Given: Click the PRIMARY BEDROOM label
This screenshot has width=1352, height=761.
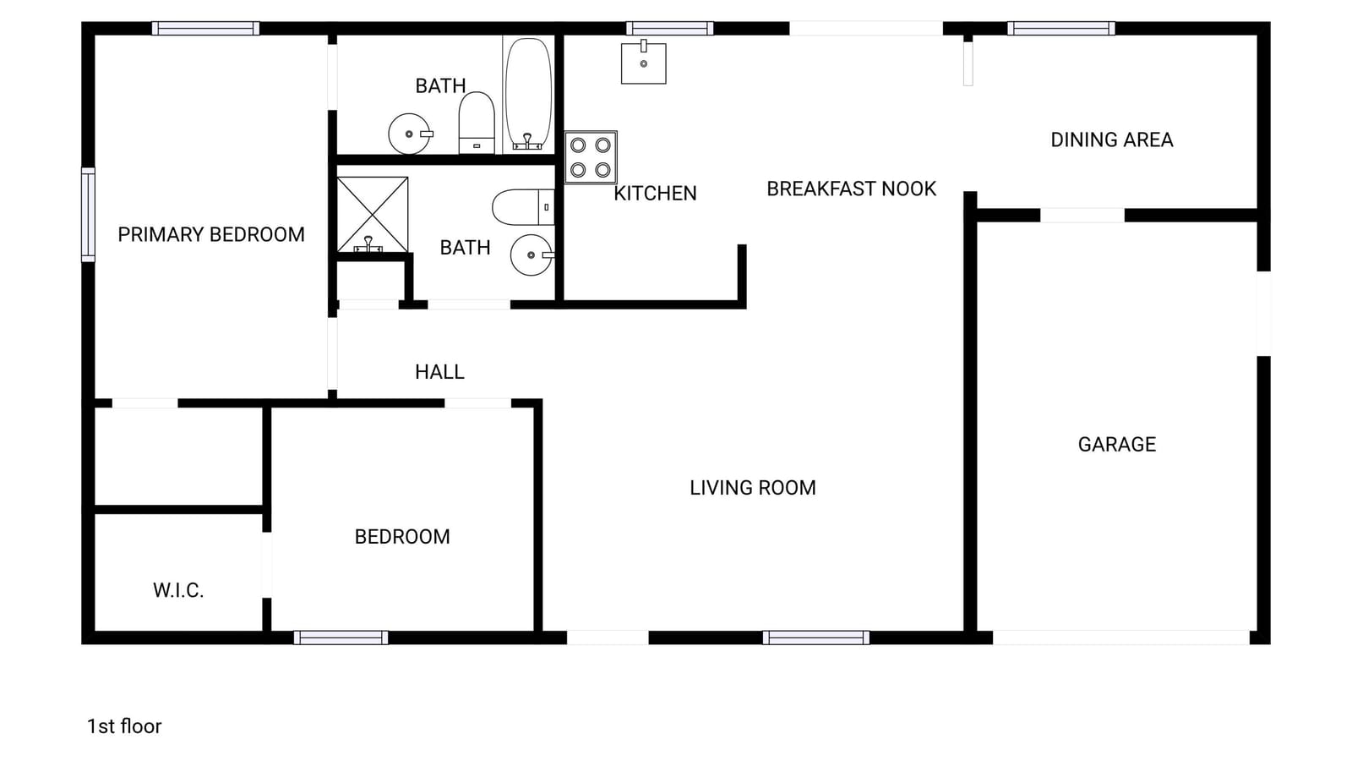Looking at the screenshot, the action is [211, 234].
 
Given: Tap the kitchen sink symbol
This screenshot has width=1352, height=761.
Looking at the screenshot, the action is [643, 63].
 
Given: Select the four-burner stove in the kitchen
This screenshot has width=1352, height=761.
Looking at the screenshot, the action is [591, 157].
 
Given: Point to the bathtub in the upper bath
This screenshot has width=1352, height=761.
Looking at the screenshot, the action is [528, 94].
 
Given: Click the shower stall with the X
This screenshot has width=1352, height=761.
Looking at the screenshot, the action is [373, 215].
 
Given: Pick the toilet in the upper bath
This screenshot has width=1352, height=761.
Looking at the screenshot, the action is [477, 123].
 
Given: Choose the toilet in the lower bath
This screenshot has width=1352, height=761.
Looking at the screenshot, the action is [523, 207].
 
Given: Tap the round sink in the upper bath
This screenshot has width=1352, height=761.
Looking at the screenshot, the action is [410, 134].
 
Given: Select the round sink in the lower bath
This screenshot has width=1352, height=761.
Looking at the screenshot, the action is [532, 255].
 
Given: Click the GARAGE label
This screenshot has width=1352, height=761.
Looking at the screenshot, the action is [1116, 445].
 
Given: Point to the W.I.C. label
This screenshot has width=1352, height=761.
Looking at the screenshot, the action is [178, 590].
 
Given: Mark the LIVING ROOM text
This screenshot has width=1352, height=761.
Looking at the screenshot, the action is [753, 487].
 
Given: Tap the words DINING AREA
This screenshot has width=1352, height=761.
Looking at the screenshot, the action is [1112, 140].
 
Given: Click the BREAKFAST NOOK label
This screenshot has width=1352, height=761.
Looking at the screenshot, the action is [851, 189].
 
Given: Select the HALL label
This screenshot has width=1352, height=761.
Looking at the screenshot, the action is [439, 371].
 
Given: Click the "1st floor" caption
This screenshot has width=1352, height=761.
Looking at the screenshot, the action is [124, 726].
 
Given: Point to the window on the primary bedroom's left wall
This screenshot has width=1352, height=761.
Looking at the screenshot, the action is [88, 215].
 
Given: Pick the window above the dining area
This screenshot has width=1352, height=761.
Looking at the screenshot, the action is [1061, 29].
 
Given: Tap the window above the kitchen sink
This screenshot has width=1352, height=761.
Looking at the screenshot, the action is [669, 29].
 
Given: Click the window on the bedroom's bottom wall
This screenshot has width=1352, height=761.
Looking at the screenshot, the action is [341, 638].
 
